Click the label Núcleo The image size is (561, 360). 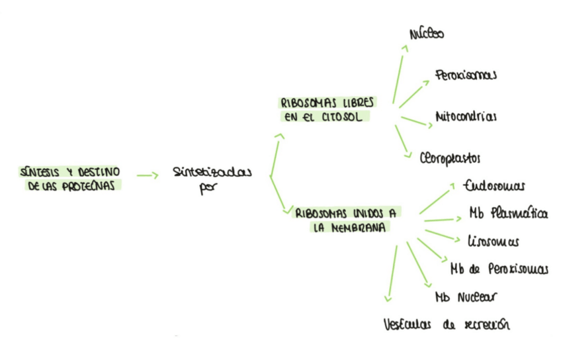[427, 32]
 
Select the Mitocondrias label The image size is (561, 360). [466, 116]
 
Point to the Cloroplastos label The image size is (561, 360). [450, 158]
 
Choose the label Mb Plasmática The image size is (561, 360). [508, 213]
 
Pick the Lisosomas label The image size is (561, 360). [492, 240]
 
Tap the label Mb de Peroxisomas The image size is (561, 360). [499, 269]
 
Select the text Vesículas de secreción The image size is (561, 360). [448, 324]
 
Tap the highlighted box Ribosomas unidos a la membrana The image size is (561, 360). [346, 220]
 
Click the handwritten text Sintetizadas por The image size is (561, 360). [211, 179]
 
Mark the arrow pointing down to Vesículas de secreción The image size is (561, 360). [391, 275]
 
